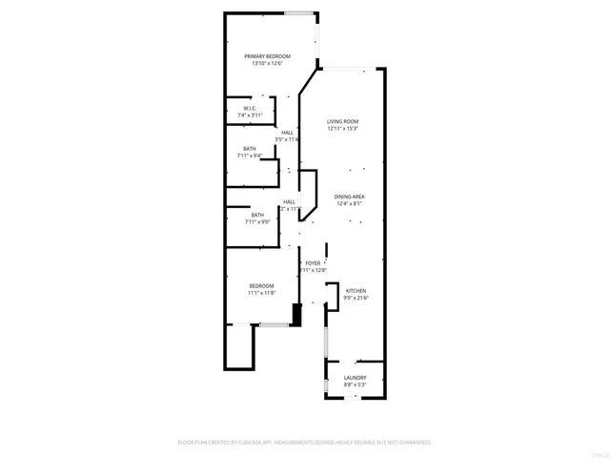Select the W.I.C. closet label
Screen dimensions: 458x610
(249, 109)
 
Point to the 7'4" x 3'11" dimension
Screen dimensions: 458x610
(249, 116)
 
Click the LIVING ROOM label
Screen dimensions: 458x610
(342, 121)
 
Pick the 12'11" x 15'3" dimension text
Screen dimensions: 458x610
(342, 129)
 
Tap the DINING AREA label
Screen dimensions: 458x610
(350, 196)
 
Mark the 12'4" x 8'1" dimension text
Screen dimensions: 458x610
(350, 203)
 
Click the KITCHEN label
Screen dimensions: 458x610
(356, 290)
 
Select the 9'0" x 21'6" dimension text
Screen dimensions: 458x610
(356, 298)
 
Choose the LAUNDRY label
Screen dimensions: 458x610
(355, 378)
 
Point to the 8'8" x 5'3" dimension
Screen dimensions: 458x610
(355, 385)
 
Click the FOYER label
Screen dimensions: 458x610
(313, 262)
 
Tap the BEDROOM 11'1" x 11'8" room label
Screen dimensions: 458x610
(262, 285)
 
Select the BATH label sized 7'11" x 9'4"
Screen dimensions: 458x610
(249, 148)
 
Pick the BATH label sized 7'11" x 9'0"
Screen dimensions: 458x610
(257, 215)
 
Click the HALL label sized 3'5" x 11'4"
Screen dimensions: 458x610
(287, 133)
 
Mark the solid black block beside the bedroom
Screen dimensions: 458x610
(295, 315)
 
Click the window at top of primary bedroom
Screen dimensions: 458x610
(300, 12)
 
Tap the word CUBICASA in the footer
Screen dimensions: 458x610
(271, 443)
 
